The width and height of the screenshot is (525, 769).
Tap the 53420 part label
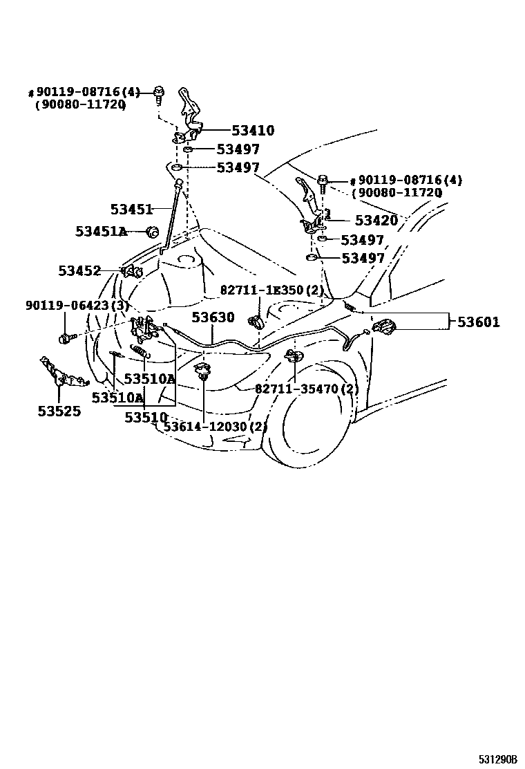(376, 221)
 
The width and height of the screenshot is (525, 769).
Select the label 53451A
(101, 232)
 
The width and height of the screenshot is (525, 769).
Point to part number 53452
(79, 271)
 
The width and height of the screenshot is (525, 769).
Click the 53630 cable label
(213, 317)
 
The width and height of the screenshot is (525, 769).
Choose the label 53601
(484, 322)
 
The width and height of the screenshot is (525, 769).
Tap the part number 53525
(59, 411)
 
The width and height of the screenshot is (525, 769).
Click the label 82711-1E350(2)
(272, 290)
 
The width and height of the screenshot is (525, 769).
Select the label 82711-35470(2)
(306, 389)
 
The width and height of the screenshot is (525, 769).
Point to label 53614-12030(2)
(215, 426)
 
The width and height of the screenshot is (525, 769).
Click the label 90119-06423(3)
(77, 305)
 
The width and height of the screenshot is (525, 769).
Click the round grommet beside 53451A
(153, 232)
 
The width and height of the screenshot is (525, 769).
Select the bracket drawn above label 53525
(60, 374)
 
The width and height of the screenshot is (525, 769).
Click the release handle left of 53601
(383, 326)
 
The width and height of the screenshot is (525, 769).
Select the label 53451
(131, 209)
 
